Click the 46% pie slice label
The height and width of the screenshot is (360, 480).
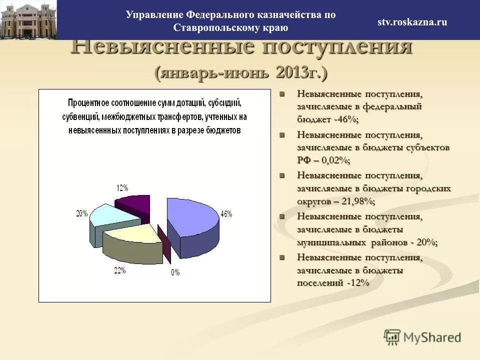[x=226, y=213]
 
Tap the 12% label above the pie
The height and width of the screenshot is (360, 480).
[x=122, y=188]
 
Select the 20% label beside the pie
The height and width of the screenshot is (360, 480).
[x=82, y=213]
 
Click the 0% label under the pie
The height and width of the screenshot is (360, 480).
[x=175, y=272]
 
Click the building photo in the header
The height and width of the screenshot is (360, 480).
[x=28, y=20]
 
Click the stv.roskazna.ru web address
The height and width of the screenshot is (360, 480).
[x=412, y=22]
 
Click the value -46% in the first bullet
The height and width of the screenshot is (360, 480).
[x=345, y=119]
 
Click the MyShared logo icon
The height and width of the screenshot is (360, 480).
[x=392, y=336]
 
